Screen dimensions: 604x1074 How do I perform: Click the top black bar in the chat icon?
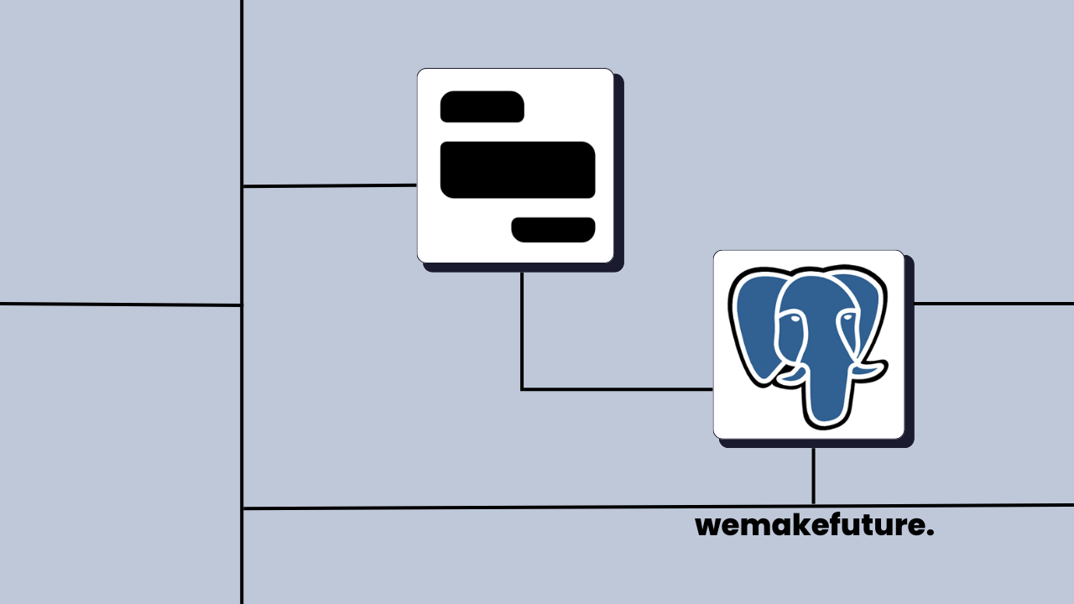pos(482,107)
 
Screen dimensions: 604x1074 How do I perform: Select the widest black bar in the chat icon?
pos(517,169)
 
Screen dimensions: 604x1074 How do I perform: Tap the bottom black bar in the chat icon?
pos(553,229)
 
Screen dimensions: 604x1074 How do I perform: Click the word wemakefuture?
pos(814,526)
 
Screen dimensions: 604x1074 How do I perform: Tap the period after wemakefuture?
pos(930,534)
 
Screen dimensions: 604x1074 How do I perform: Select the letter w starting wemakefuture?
pos(708,527)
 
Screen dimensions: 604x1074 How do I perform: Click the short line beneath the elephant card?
pos(813,475)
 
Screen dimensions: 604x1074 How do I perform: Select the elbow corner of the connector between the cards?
pos(522,389)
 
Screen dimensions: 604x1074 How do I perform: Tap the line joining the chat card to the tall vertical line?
pos(329,185)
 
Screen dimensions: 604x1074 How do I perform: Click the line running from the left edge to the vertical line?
pos(120,305)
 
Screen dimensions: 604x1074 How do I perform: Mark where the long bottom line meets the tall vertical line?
pos(242,508)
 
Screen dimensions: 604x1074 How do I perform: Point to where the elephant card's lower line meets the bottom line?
pos(813,506)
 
